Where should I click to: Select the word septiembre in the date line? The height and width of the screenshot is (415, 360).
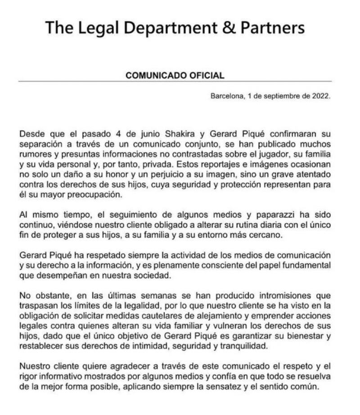click(280, 96)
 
